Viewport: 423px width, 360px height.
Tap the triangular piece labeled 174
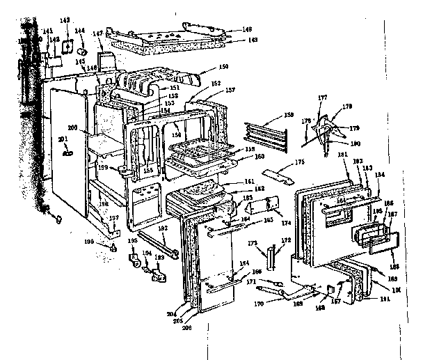pyautogui.click(x=266, y=208)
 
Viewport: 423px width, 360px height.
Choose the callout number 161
pyautogui.click(x=248, y=182)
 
